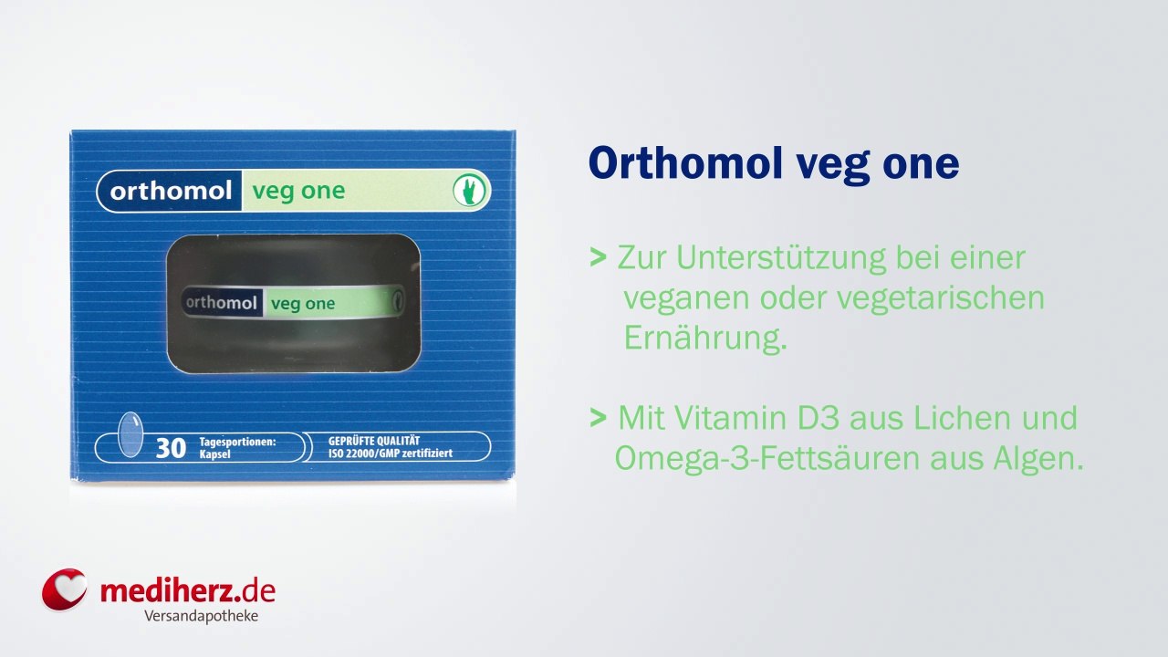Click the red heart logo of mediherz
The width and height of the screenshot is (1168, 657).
point(64,589)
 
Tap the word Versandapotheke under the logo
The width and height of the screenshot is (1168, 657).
point(201,616)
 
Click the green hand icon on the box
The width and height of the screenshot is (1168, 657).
point(468,191)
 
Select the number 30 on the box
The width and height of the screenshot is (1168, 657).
point(171,448)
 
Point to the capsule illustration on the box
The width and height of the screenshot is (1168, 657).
point(130,435)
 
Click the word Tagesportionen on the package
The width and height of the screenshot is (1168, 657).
point(237,442)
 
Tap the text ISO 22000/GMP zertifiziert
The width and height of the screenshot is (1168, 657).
point(390,454)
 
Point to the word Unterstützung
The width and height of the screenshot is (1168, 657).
point(781,258)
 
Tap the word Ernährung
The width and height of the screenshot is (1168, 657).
point(704,338)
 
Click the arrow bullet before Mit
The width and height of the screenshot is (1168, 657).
point(599,418)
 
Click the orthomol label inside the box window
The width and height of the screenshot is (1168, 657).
point(222,303)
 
